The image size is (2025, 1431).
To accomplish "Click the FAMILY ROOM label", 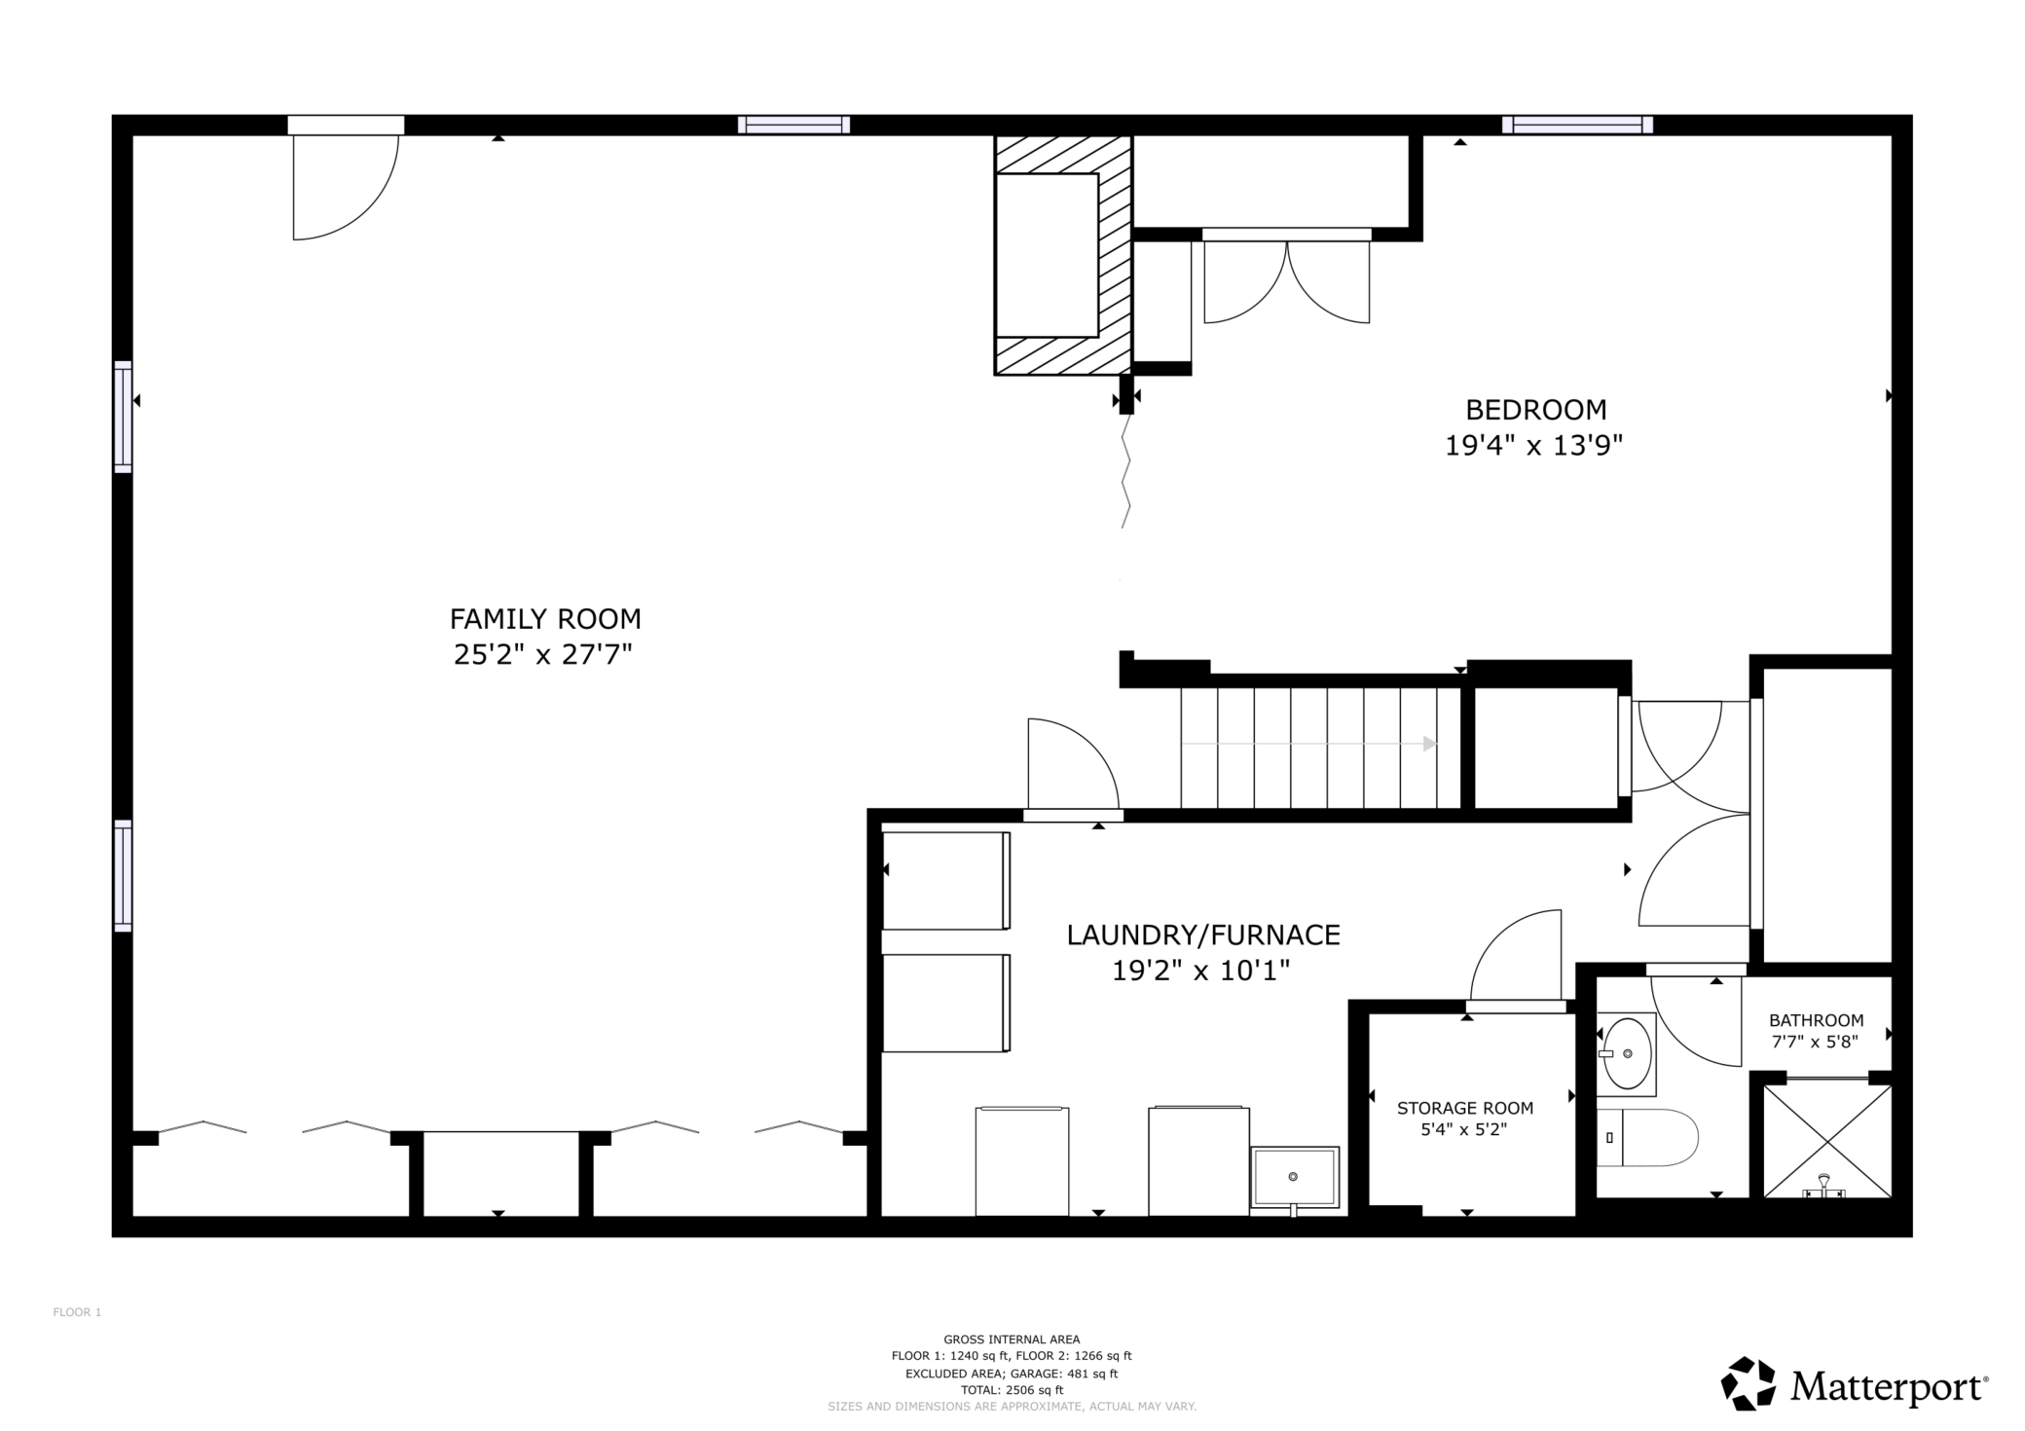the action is point(545,619).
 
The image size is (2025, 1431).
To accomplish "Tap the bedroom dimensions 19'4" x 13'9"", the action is point(1534,446).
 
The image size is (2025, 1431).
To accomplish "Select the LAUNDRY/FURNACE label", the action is point(1203,936).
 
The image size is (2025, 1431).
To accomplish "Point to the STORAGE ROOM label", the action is point(1465,1108).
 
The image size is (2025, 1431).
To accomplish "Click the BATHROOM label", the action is point(1817,1020).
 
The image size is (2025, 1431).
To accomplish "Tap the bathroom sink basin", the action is point(1627,1053).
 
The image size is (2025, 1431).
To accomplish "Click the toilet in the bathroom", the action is point(1647,1137).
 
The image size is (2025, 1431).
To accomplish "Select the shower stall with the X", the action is point(1827,1140).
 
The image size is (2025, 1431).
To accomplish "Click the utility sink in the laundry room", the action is point(1295,1177).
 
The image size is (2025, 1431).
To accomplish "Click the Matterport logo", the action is point(1855,1384).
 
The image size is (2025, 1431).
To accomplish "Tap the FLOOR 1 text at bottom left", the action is point(77,1312).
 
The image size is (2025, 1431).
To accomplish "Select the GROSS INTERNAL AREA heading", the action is point(1012,1339).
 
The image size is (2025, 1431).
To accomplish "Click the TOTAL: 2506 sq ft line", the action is point(1012,1390).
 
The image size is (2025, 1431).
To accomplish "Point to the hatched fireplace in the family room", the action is point(1062,255).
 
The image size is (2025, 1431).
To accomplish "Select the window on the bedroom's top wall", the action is point(1577,125).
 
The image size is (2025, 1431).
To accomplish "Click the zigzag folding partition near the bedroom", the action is point(1126,471).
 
